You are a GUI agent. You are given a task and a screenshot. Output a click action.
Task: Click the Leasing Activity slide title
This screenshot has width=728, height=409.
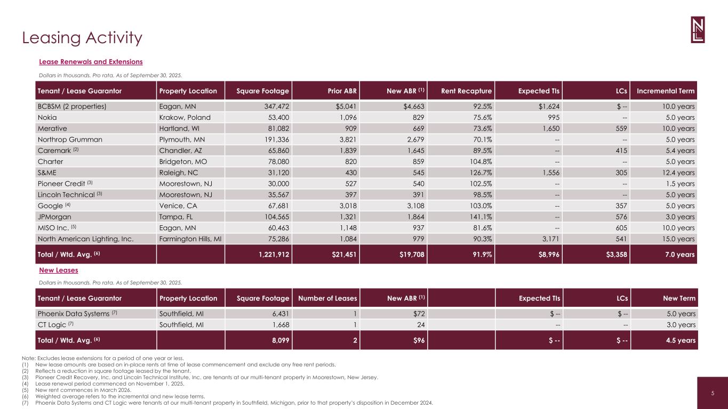(x=82, y=38)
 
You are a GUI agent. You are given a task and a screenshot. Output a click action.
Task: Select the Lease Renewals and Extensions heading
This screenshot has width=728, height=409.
(x=91, y=62)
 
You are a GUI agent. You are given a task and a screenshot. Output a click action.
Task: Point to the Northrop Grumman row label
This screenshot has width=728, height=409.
(x=69, y=140)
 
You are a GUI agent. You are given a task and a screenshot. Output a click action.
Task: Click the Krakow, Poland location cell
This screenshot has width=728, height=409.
(x=185, y=117)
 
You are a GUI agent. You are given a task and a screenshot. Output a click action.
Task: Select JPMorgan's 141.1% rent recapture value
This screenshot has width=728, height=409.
(x=480, y=217)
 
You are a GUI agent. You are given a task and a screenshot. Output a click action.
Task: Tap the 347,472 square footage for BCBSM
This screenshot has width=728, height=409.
(x=273, y=107)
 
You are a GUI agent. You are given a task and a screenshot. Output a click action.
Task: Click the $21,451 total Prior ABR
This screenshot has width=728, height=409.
(x=341, y=255)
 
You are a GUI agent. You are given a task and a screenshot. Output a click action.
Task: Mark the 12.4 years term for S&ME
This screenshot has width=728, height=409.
(x=677, y=173)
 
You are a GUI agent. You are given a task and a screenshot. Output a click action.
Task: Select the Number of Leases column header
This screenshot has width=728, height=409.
(x=327, y=298)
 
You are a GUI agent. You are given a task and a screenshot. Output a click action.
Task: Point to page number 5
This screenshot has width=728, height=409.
(x=713, y=394)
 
